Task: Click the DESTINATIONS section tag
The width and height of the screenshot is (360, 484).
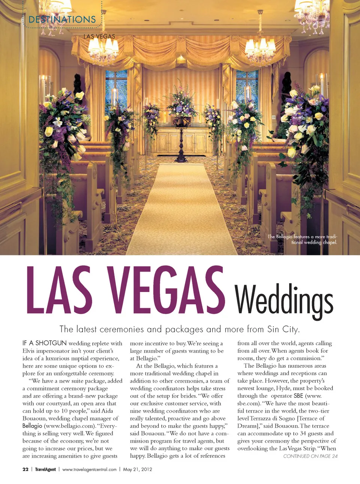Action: (x=62, y=20)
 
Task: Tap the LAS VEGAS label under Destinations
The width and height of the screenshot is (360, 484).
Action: (x=99, y=36)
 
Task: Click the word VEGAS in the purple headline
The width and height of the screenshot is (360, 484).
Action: (x=166, y=290)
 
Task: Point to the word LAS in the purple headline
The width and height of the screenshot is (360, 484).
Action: (x=59, y=290)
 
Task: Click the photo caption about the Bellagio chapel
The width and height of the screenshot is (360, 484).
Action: (x=302, y=239)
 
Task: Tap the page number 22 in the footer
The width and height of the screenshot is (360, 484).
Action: (x=25, y=469)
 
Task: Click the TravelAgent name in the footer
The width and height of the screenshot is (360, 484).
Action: (x=45, y=469)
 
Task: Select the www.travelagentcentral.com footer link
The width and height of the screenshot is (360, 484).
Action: (x=89, y=469)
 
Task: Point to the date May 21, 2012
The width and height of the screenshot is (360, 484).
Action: (x=138, y=469)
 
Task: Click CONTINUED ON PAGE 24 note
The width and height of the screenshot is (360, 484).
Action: (x=310, y=456)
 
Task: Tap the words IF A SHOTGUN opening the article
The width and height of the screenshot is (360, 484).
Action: (x=44, y=343)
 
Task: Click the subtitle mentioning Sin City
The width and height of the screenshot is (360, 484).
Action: (x=179, y=329)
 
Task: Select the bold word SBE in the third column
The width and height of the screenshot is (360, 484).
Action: (x=298, y=396)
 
